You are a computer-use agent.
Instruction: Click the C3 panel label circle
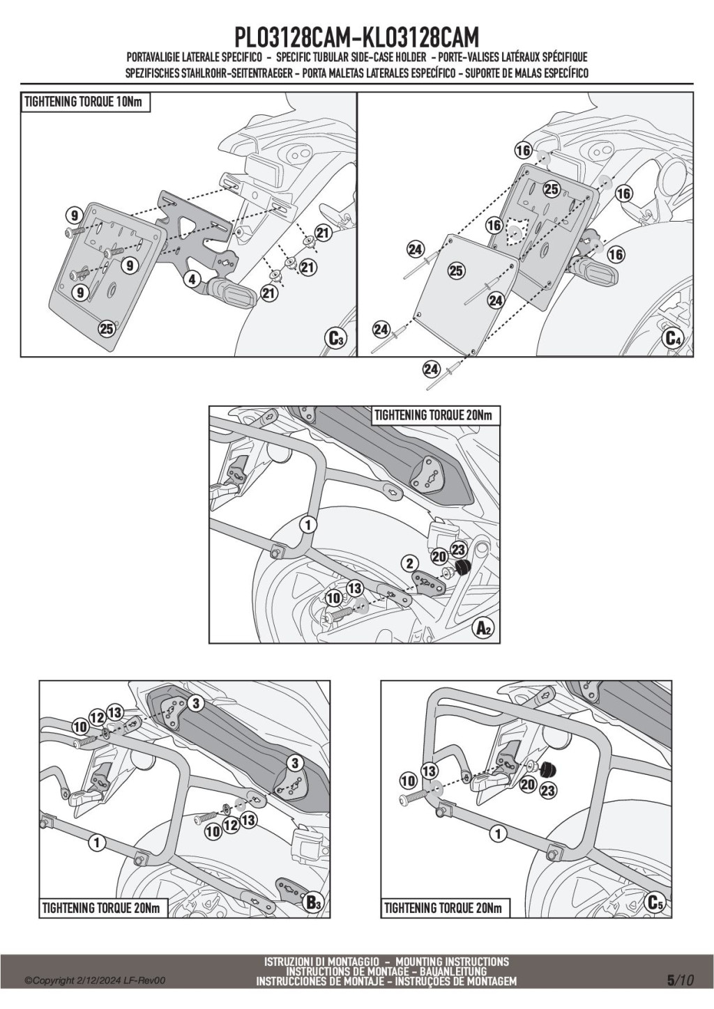(x=336, y=339)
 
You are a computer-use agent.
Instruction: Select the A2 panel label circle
(x=484, y=628)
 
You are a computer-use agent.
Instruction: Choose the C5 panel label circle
(x=655, y=903)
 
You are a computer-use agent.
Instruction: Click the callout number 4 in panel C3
(x=192, y=281)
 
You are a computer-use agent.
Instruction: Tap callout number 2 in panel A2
(x=409, y=563)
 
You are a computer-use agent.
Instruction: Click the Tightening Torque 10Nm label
(x=86, y=102)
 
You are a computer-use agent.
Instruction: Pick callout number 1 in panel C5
(x=497, y=833)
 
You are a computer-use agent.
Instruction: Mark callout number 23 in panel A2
(x=458, y=549)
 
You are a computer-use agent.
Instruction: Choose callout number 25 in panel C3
(x=107, y=329)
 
